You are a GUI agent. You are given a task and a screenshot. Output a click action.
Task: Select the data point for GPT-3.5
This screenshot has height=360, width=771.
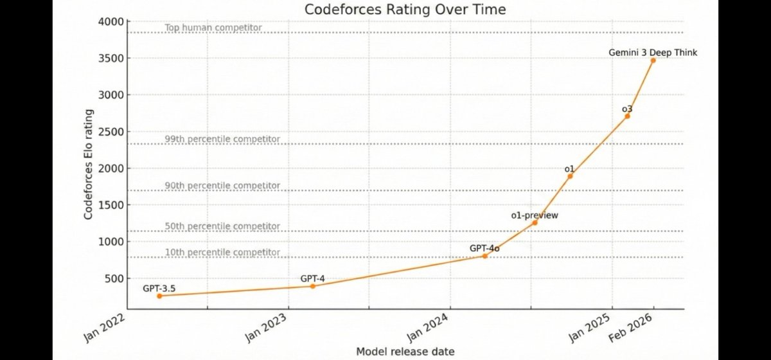pyautogui.click(x=159, y=296)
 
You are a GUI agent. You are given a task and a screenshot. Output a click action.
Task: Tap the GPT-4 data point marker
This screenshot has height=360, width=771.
pyautogui.click(x=313, y=285)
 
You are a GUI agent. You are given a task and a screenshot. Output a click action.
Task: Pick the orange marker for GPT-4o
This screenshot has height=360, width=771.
pyautogui.click(x=484, y=256)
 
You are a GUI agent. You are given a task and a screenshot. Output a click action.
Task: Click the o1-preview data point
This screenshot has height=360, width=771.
pyautogui.click(x=535, y=222)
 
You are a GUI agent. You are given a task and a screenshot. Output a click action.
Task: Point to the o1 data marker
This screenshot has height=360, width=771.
pyautogui.click(x=570, y=176)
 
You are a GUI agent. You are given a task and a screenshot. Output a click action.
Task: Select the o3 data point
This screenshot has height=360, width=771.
pyautogui.click(x=627, y=116)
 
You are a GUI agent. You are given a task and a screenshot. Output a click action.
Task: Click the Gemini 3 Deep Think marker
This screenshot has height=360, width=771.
pyautogui.click(x=653, y=60)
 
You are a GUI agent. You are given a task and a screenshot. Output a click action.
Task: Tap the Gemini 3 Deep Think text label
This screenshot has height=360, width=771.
pyautogui.click(x=653, y=53)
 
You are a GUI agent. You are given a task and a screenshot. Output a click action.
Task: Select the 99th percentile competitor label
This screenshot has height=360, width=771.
pyautogui.click(x=222, y=139)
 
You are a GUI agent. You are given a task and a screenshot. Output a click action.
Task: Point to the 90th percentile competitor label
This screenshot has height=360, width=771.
pyautogui.click(x=222, y=186)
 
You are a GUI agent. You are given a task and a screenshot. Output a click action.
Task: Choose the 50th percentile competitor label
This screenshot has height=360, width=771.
pyautogui.click(x=222, y=226)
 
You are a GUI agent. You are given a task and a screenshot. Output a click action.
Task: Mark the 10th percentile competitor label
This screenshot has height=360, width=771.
pyautogui.click(x=222, y=253)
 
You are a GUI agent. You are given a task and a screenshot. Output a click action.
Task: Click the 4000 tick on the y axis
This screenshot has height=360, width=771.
pyautogui.click(x=111, y=22)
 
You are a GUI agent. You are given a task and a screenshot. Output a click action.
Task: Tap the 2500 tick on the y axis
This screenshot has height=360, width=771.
pyautogui.click(x=111, y=132)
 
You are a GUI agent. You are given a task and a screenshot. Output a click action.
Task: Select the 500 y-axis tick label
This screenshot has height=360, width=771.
pyautogui.click(x=114, y=278)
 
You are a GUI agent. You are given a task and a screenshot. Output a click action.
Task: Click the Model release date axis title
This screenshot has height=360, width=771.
pyautogui.click(x=405, y=352)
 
